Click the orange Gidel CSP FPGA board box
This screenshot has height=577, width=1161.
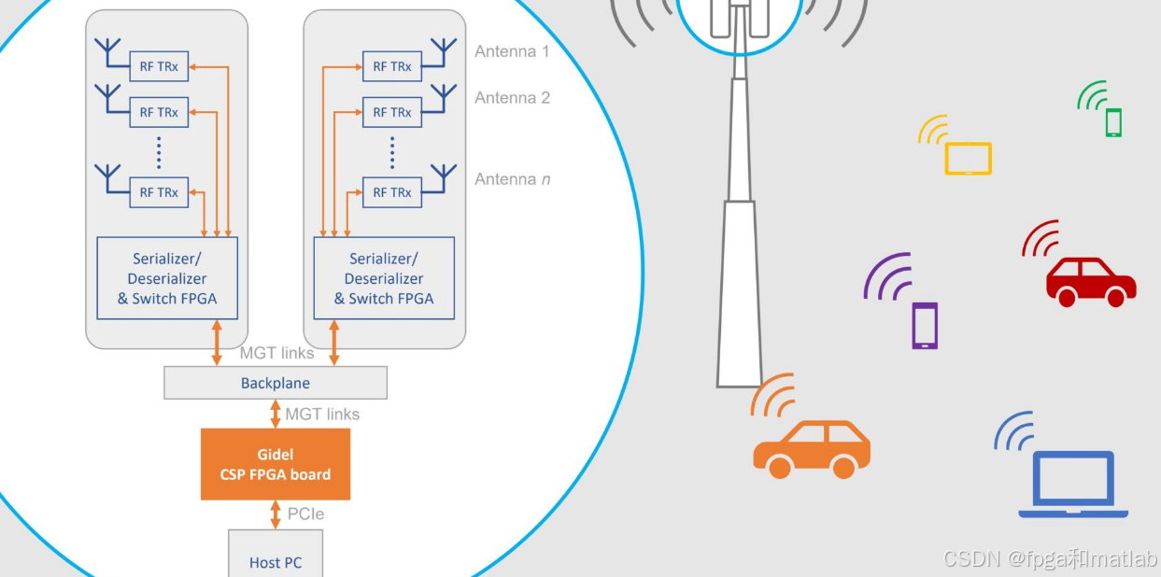pyautogui.click(x=276, y=464)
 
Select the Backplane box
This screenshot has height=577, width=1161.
pyautogui.click(x=276, y=383)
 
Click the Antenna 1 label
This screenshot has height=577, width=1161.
pyautogui.click(x=512, y=51)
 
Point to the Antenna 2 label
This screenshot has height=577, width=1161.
pyautogui.click(x=512, y=97)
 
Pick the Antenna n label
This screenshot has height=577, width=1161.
pyautogui.click(x=512, y=178)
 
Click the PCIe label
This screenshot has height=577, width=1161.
pyautogui.click(x=305, y=514)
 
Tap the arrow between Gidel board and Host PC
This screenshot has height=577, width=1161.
pyautogui.click(x=276, y=514)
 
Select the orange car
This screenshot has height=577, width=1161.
pyautogui.click(x=811, y=448)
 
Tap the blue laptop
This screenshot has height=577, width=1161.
pyautogui.click(x=1073, y=486)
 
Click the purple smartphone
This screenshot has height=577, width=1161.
pyautogui.click(x=925, y=326)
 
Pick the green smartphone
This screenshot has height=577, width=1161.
pyautogui.click(x=1113, y=122)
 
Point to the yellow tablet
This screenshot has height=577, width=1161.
pyautogui.click(x=968, y=159)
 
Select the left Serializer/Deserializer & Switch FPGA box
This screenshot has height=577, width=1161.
pyautogui.click(x=167, y=278)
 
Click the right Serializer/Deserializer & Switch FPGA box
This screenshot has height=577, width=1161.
pyautogui.click(x=384, y=278)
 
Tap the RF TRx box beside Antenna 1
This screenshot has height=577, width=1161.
pyautogui.click(x=392, y=66)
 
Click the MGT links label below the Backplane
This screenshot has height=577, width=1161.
pyautogui.click(x=322, y=414)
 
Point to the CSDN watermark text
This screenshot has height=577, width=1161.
pyautogui.click(x=1050, y=558)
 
